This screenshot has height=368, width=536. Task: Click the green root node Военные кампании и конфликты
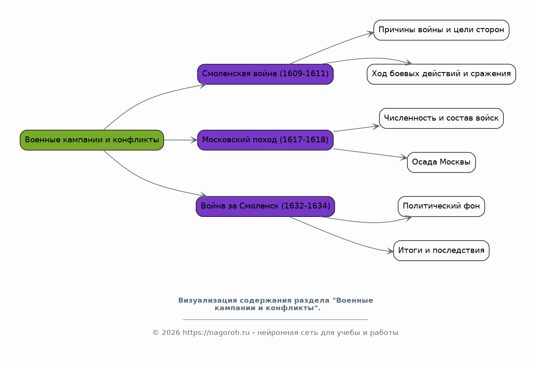pos(92,140)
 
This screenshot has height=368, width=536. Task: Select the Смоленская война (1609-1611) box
pos(265,74)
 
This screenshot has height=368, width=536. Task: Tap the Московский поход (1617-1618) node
pos(265,140)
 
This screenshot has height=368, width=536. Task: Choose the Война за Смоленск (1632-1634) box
pos(265,206)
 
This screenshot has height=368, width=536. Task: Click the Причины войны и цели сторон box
pos(441,30)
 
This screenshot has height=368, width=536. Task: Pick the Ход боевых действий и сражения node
pos(441,74)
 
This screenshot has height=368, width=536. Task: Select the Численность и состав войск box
pos(441,118)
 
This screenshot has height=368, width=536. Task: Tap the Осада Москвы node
pos(441,162)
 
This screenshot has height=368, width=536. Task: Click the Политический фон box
pos(441,206)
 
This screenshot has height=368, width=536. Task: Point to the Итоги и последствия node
pos(441,251)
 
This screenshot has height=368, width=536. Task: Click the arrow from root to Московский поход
pos(181,140)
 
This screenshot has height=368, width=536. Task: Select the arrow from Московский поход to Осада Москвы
pos(370,153)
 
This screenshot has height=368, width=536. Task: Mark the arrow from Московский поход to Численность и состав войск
pos(357,129)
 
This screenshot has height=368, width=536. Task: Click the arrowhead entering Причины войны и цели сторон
pos(370,33)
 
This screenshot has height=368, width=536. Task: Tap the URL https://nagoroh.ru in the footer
pos(216,332)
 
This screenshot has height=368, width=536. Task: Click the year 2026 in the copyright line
pos(171,332)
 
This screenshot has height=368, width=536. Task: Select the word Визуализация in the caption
pos(207,300)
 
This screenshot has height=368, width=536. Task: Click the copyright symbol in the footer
pos(155,332)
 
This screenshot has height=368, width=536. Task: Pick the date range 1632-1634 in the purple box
pos(306,206)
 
